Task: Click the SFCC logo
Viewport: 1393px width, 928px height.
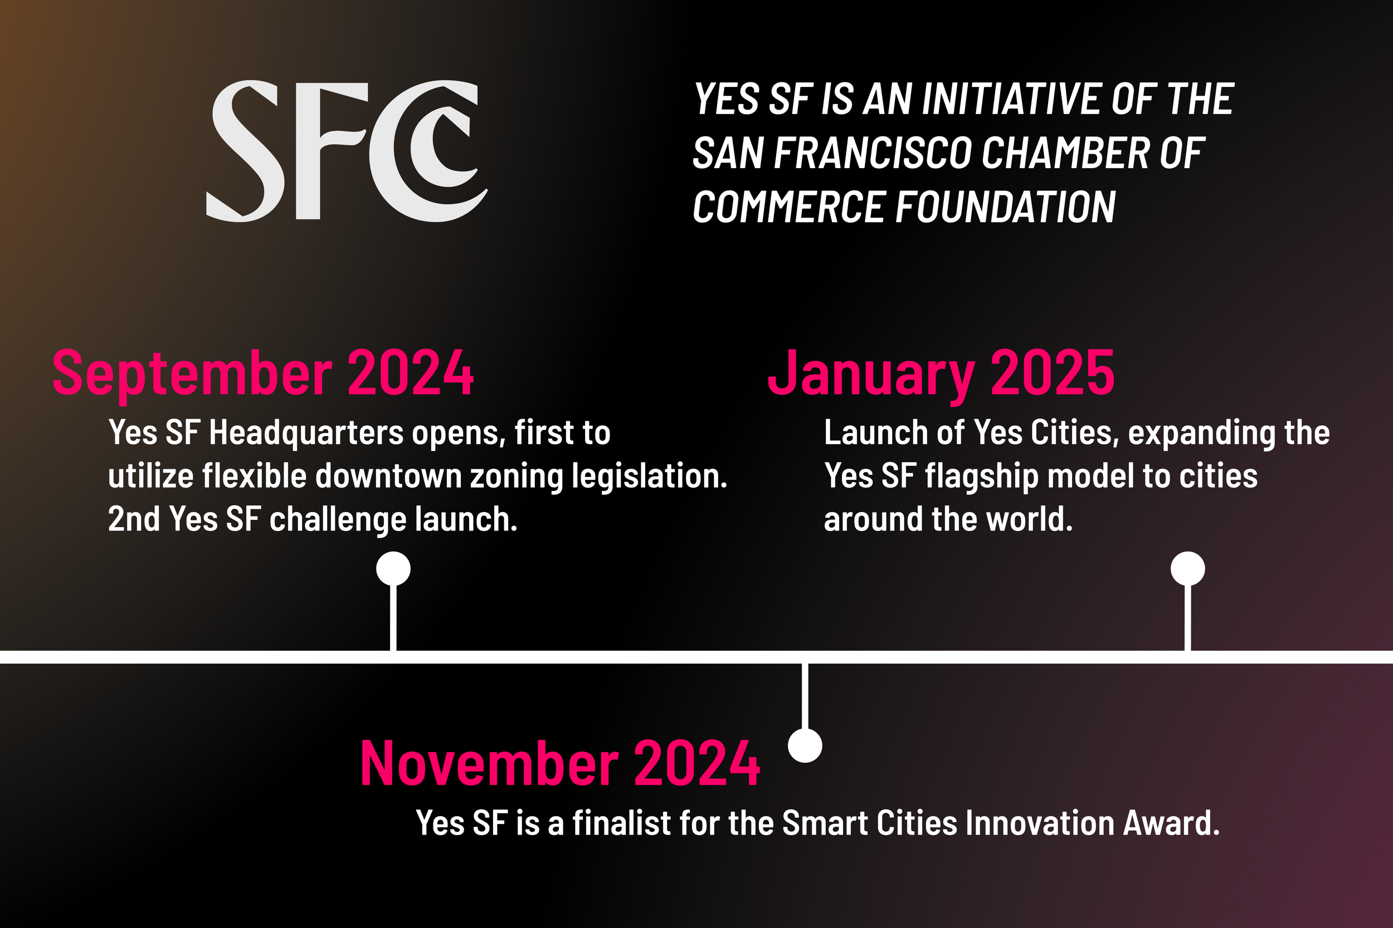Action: (347, 151)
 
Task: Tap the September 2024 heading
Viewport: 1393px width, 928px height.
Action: (263, 373)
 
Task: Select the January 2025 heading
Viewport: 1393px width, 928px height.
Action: (941, 373)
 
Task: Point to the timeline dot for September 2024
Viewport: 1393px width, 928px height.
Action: (393, 568)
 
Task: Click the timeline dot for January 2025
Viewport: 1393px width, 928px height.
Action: (1187, 568)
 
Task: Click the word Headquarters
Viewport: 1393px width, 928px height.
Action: (306, 433)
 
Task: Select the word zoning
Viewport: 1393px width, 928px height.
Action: (517, 477)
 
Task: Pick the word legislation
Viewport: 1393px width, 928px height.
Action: (649, 477)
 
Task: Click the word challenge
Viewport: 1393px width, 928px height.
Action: (338, 519)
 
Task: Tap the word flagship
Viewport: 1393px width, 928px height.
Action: (981, 477)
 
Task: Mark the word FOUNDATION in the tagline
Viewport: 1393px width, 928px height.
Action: (1005, 208)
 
